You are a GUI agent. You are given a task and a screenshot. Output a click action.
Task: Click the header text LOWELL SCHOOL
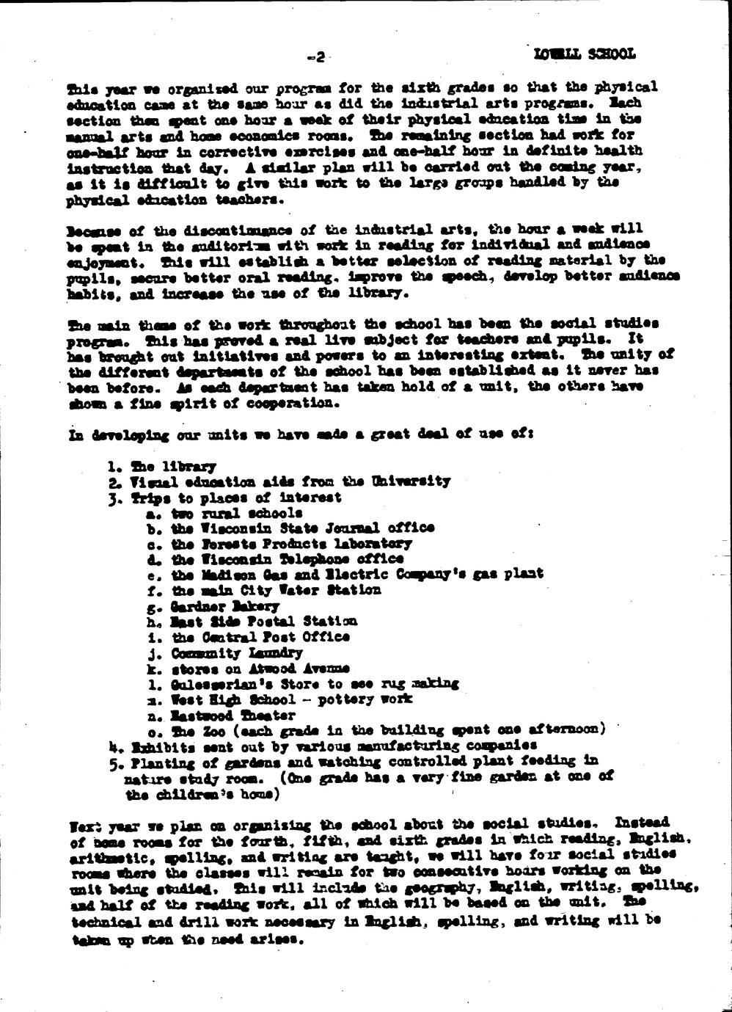[x=585, y=54]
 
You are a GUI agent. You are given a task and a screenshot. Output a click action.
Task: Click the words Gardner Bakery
[x=224, y=606]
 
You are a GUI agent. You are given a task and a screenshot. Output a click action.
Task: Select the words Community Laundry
[x=236, y=652]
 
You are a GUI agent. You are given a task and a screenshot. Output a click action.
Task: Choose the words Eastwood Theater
[x=233, y=715]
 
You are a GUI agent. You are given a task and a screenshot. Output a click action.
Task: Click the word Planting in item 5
[x=159, y=761]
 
